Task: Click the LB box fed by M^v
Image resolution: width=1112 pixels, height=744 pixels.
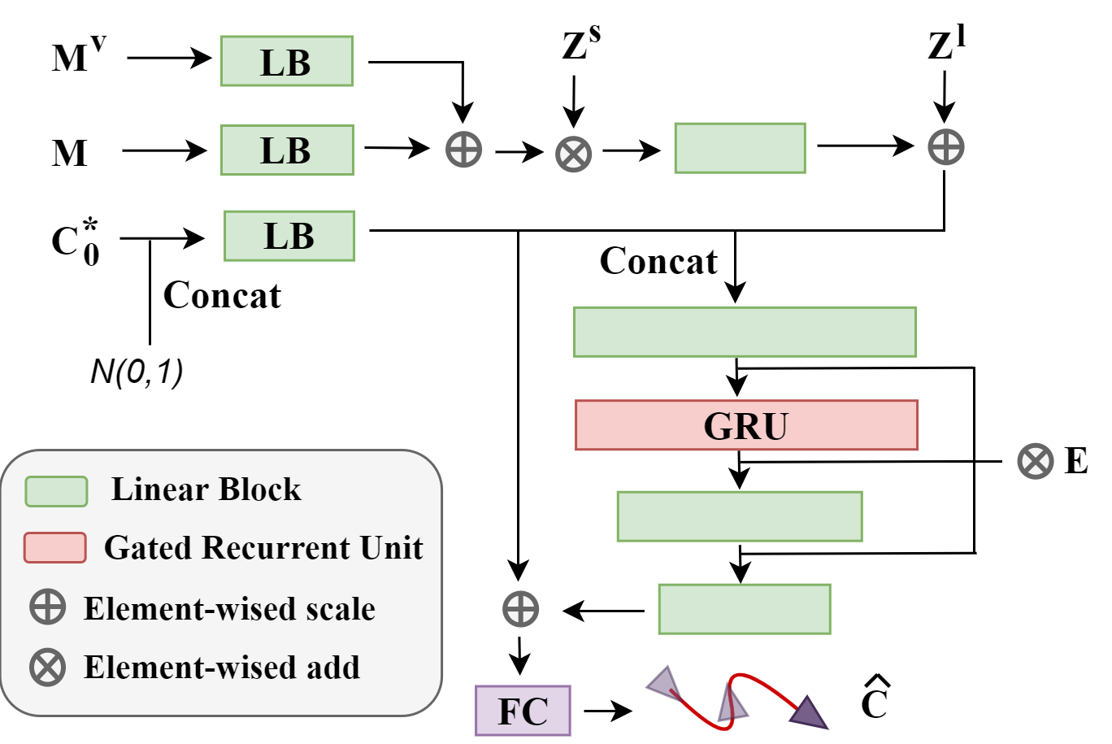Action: click(287, 61)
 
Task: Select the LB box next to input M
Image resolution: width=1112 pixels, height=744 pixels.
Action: click(287, 150)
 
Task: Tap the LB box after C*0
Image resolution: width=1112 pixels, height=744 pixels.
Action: click(289, 236)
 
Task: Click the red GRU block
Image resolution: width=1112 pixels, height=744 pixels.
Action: click(746, 424)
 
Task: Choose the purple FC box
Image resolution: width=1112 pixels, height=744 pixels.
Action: click(523, 711)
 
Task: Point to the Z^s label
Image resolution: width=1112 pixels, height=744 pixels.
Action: click(580, 46)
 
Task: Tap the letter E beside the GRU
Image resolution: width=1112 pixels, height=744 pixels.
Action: click(1075, 461)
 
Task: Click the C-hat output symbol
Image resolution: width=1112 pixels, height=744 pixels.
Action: click(875, 699)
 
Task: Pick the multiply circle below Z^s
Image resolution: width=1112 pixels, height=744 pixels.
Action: click(574, 153)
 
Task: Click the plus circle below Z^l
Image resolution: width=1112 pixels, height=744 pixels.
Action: click(945, 147)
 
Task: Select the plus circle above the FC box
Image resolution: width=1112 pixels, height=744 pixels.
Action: click(520, 609)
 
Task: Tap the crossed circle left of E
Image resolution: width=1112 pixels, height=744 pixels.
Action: click(1035, 461)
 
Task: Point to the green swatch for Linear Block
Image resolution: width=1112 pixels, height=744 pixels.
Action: click(56, 491)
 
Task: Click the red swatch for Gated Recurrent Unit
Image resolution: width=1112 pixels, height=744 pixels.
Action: click(55, 547)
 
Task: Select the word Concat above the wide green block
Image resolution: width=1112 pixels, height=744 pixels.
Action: click(658, 261)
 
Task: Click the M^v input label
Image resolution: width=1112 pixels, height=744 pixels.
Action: click(78, 56)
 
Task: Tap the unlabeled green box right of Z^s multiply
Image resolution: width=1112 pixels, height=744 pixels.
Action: click(740, 148)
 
